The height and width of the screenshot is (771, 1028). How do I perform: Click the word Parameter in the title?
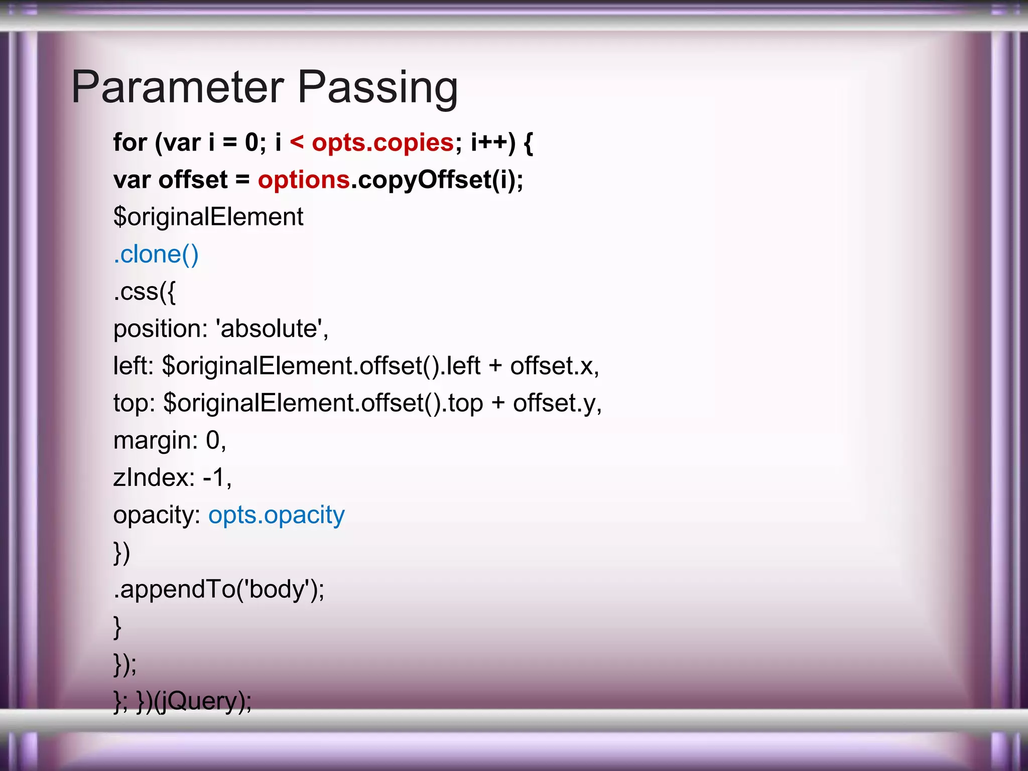[178, 87]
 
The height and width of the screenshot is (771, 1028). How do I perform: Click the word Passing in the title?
[377, 88]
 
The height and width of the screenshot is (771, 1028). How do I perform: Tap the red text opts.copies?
[382, 143]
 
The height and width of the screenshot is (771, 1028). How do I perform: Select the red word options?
[304, 180]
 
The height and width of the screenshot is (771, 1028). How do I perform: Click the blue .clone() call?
[156, 254]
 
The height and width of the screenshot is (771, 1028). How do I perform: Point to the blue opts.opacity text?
[277, 515]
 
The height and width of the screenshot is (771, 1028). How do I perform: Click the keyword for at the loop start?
[130, 143]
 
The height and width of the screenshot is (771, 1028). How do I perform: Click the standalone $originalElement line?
[208, 217]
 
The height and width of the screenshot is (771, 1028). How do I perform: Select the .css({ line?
[145, 292]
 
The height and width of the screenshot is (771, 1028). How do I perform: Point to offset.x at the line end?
[552, 366]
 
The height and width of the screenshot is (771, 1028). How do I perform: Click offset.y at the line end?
[555, 403]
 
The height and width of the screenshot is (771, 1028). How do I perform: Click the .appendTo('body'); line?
[219, 589]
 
